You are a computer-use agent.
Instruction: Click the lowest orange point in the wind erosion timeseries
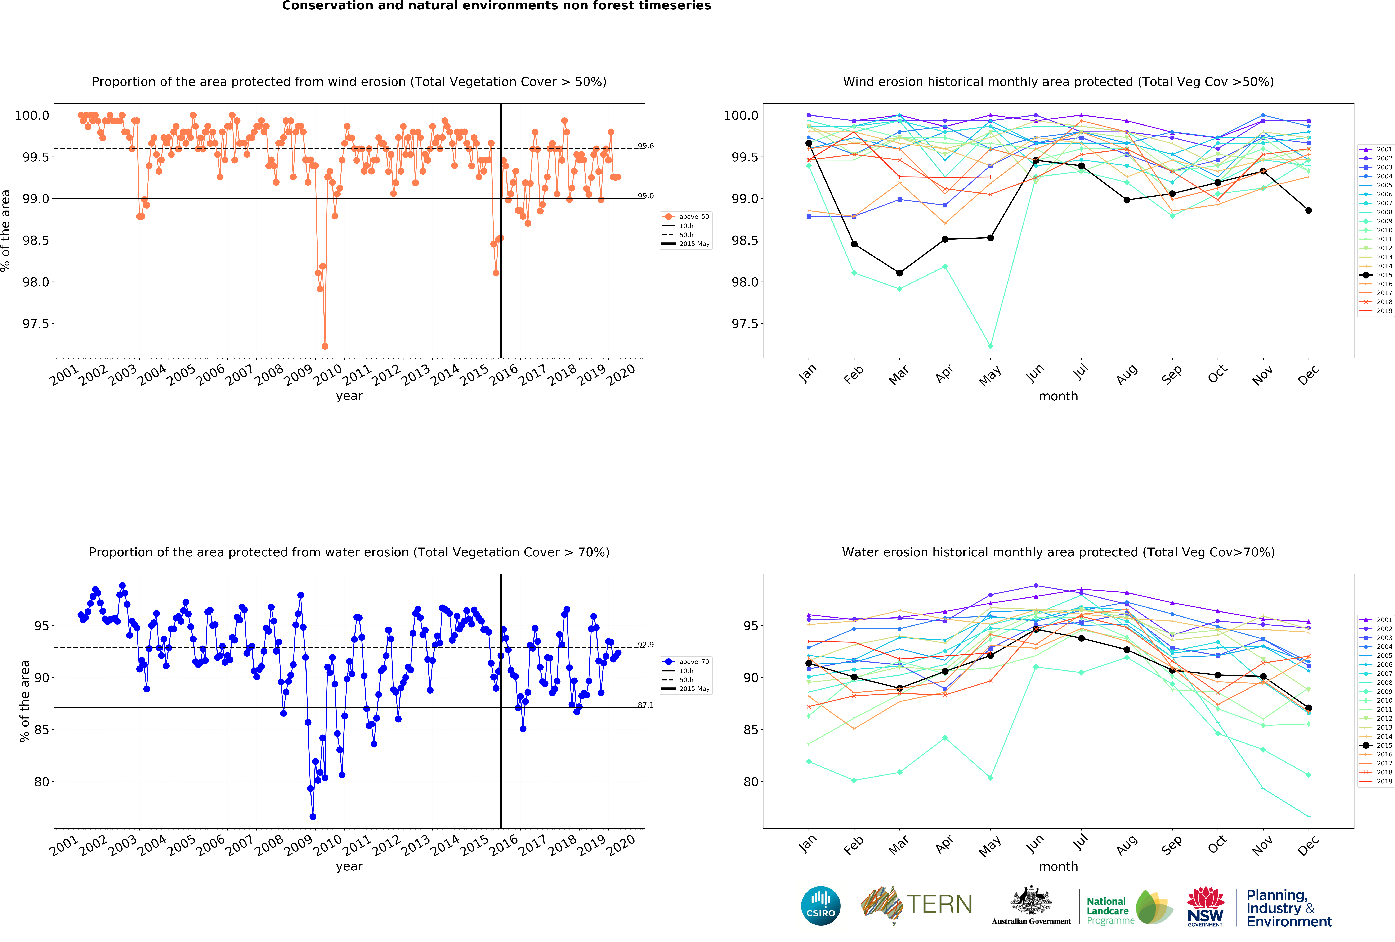(x=325, y=346)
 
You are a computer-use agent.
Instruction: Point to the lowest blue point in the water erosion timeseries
(x=313, y=817)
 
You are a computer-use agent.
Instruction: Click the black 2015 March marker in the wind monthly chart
(x=899, y=273)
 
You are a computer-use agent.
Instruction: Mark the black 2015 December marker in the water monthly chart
(x=1309, y=708)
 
